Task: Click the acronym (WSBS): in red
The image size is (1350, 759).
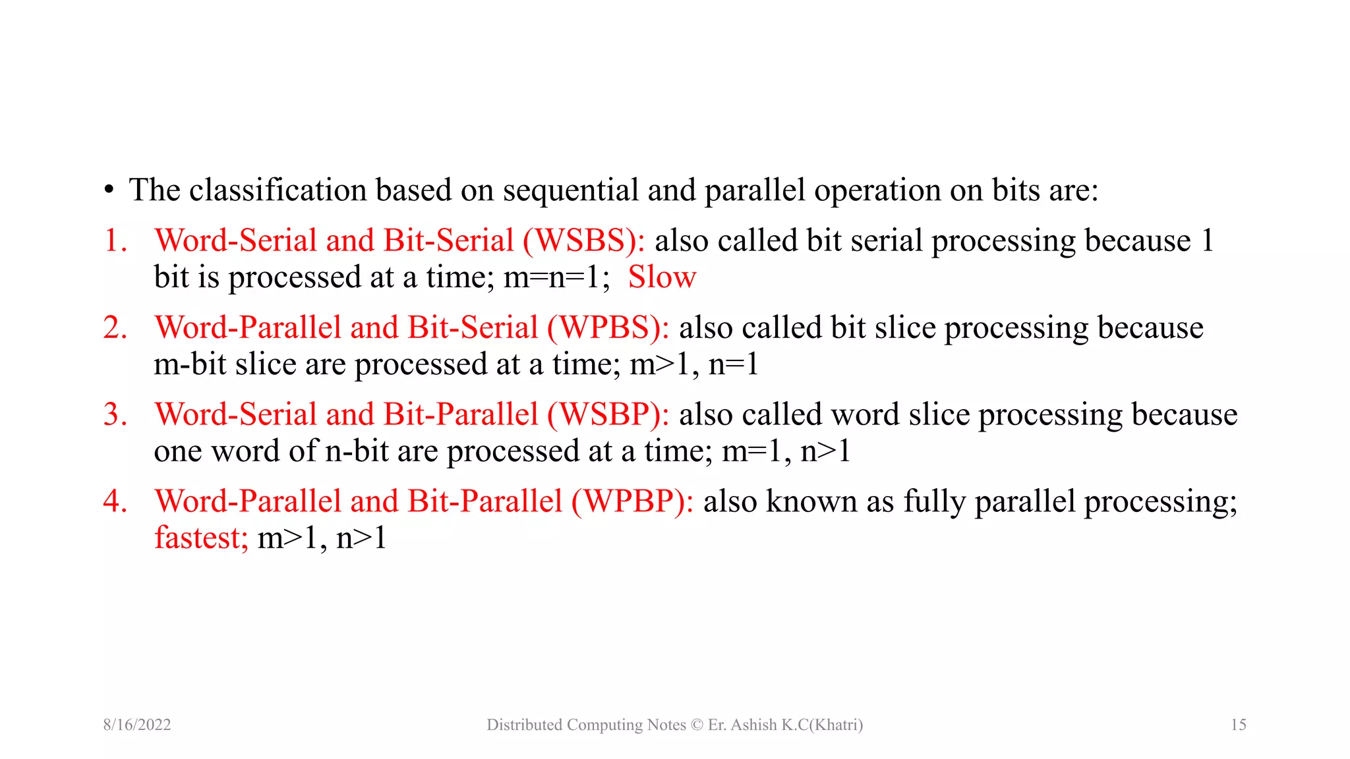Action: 583,240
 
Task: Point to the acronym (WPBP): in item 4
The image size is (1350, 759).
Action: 632,501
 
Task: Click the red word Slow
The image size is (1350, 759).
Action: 662,277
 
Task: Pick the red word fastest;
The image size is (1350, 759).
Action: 201,538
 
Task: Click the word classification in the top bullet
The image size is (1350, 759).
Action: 278,190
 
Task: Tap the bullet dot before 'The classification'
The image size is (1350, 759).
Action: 109,191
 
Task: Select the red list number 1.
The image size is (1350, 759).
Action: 115,240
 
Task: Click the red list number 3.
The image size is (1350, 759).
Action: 115,414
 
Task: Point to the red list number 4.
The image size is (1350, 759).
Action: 115,501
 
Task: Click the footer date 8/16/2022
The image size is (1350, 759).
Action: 137,725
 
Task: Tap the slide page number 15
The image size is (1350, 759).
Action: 1238,725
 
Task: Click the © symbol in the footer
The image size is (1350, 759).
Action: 697,725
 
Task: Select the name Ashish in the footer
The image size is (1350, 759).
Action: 753,725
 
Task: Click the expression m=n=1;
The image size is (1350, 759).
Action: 556,277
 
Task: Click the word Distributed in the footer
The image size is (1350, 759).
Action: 524,725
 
